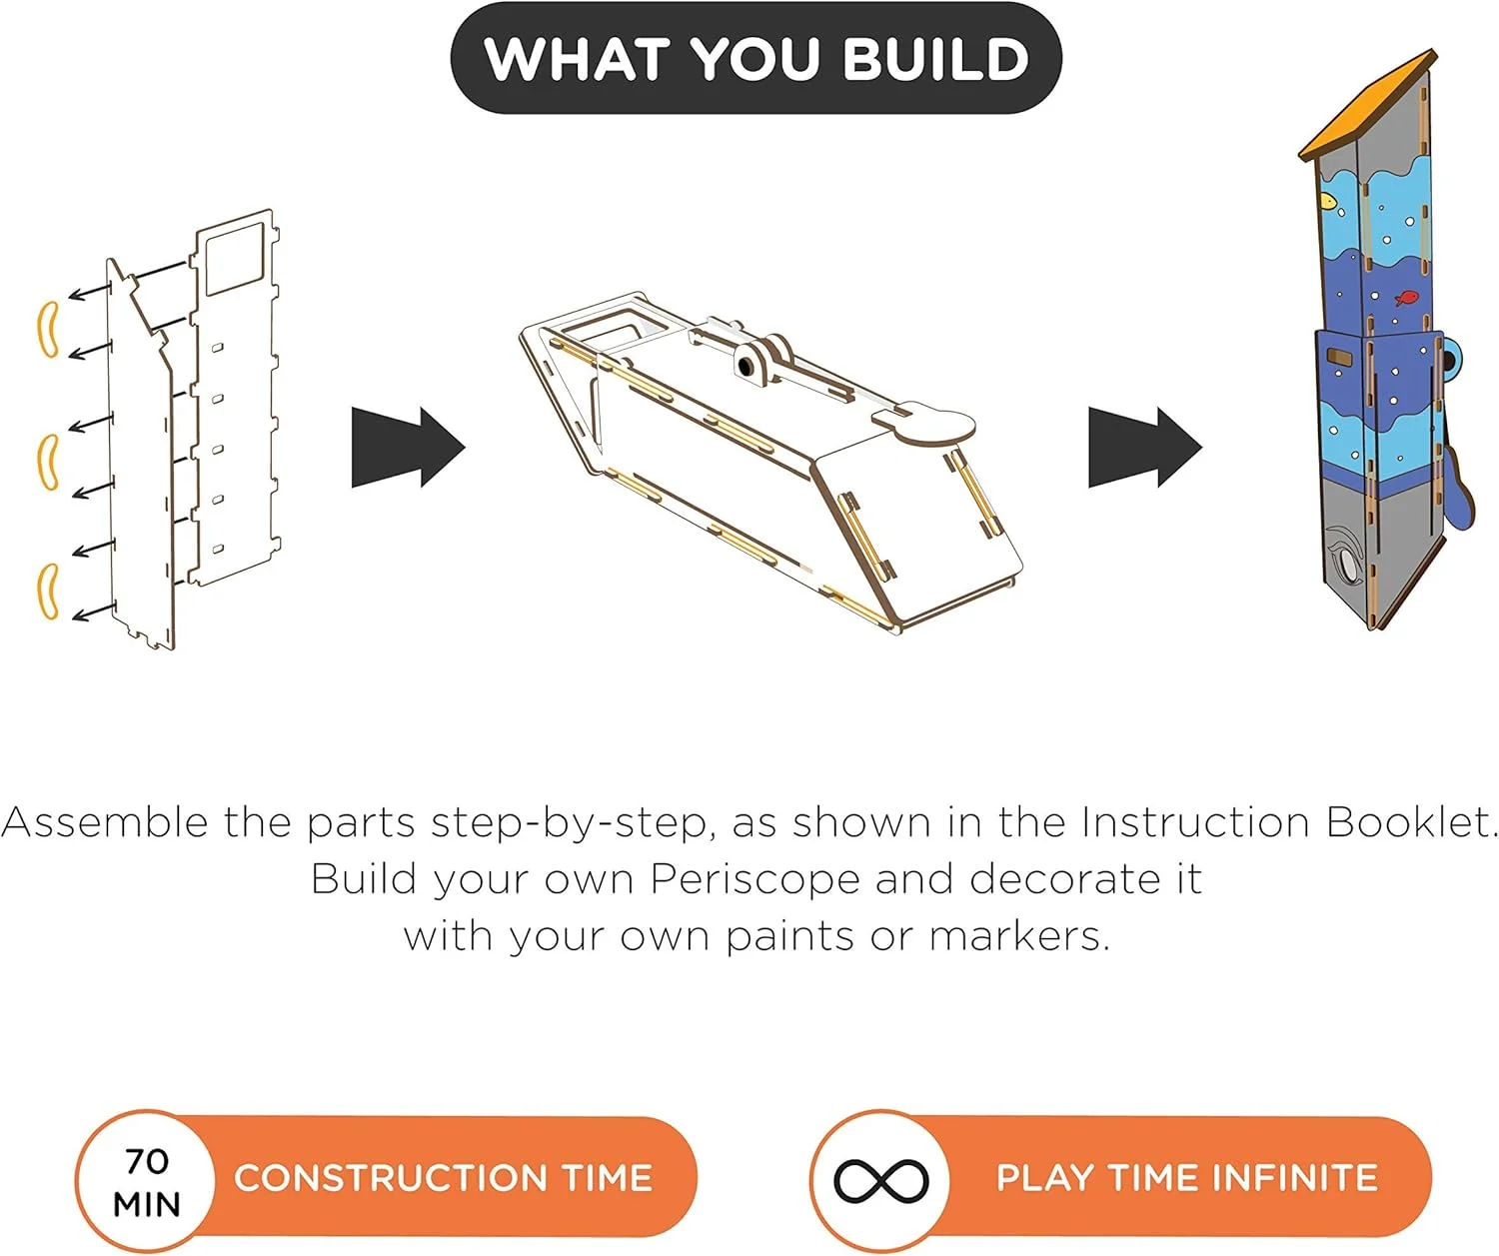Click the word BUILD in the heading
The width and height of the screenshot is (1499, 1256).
click(x=935, y=58)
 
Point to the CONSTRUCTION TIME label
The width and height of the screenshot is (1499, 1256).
click(x=443, y=1178)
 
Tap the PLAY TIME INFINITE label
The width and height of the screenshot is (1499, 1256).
click(x=1187, y=1178)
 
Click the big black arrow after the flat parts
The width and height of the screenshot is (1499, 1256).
click(x=408, y=447)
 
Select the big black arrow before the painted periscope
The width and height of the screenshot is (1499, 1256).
click(x=1145, y=447)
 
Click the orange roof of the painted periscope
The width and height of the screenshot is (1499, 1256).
click(x=1368, y=106)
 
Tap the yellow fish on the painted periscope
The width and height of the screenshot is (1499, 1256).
click(x=1329, y=202)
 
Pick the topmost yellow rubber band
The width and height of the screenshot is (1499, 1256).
click(x=48, y=330)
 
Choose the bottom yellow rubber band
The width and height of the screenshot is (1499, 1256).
click(x=48, y=591)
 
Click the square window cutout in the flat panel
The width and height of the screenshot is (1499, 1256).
click(x=235, y=259)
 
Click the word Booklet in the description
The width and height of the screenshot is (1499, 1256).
click(x=1411, y=821)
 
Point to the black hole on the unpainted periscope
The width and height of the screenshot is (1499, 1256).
click(x=746, y=367)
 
